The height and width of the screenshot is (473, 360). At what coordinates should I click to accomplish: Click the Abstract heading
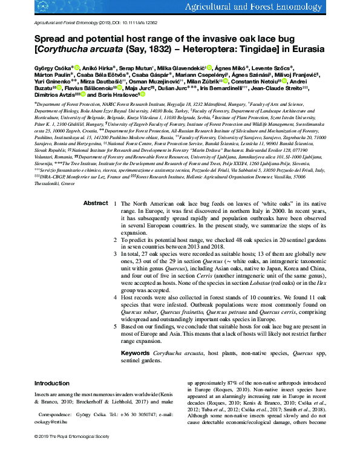[96, 186]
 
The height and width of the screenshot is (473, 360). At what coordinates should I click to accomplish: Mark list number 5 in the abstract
[116, 326]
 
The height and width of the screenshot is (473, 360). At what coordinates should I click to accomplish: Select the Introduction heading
[52, 383]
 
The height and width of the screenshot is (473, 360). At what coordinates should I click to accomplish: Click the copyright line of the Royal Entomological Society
[73, 452]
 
